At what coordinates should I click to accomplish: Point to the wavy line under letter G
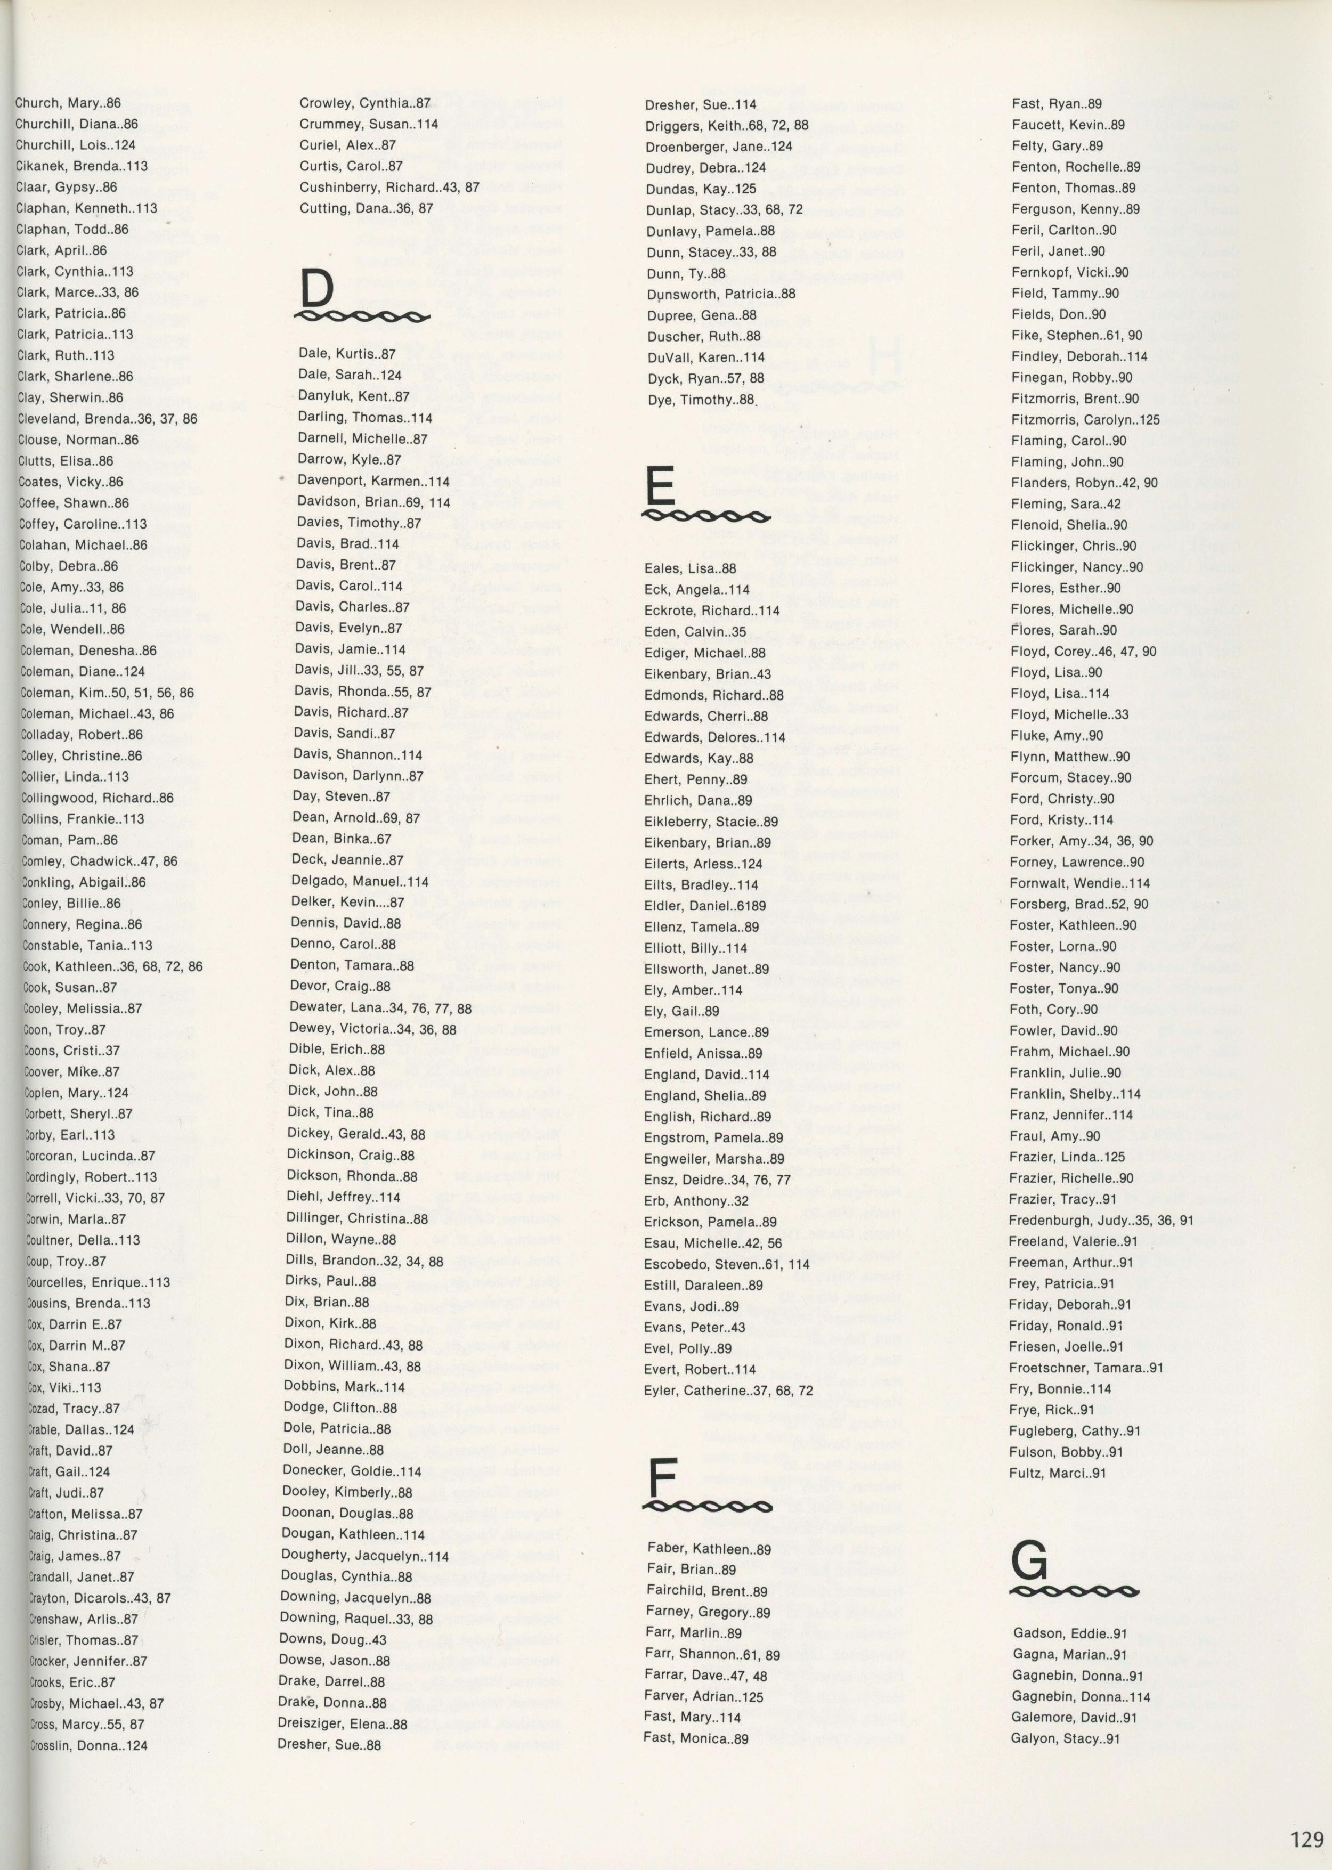1075,1018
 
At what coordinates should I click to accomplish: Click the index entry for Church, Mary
67,103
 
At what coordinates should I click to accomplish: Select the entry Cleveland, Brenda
107,419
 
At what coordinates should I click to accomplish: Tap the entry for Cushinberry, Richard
389,187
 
